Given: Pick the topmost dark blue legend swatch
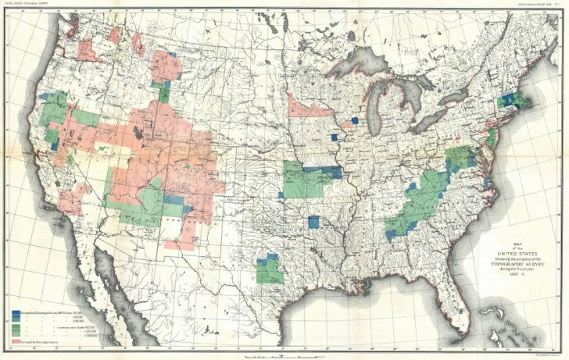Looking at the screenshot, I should click(16, 312).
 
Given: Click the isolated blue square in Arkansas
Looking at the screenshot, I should click(314, 221).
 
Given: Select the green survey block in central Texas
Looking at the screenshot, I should click(270, 270).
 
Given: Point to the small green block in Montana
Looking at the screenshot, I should click(164, 92).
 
